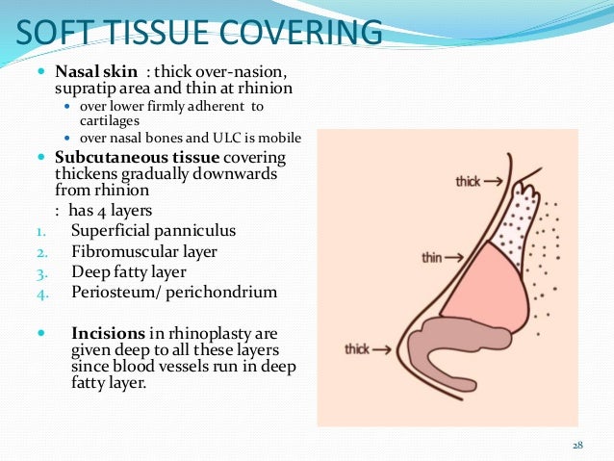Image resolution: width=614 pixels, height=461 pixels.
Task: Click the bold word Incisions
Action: pos(111,334)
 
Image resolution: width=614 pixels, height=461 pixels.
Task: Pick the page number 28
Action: pos(578,445)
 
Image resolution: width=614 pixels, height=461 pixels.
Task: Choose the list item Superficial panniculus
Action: pos(154,231)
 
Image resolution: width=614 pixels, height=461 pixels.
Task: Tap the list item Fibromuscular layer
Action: pos(144,252)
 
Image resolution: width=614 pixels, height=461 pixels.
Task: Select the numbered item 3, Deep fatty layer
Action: pos(129,272)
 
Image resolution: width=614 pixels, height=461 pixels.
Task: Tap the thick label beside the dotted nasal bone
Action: pos(469,180)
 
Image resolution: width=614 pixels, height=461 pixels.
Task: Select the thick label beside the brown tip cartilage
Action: pos(359,347)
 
